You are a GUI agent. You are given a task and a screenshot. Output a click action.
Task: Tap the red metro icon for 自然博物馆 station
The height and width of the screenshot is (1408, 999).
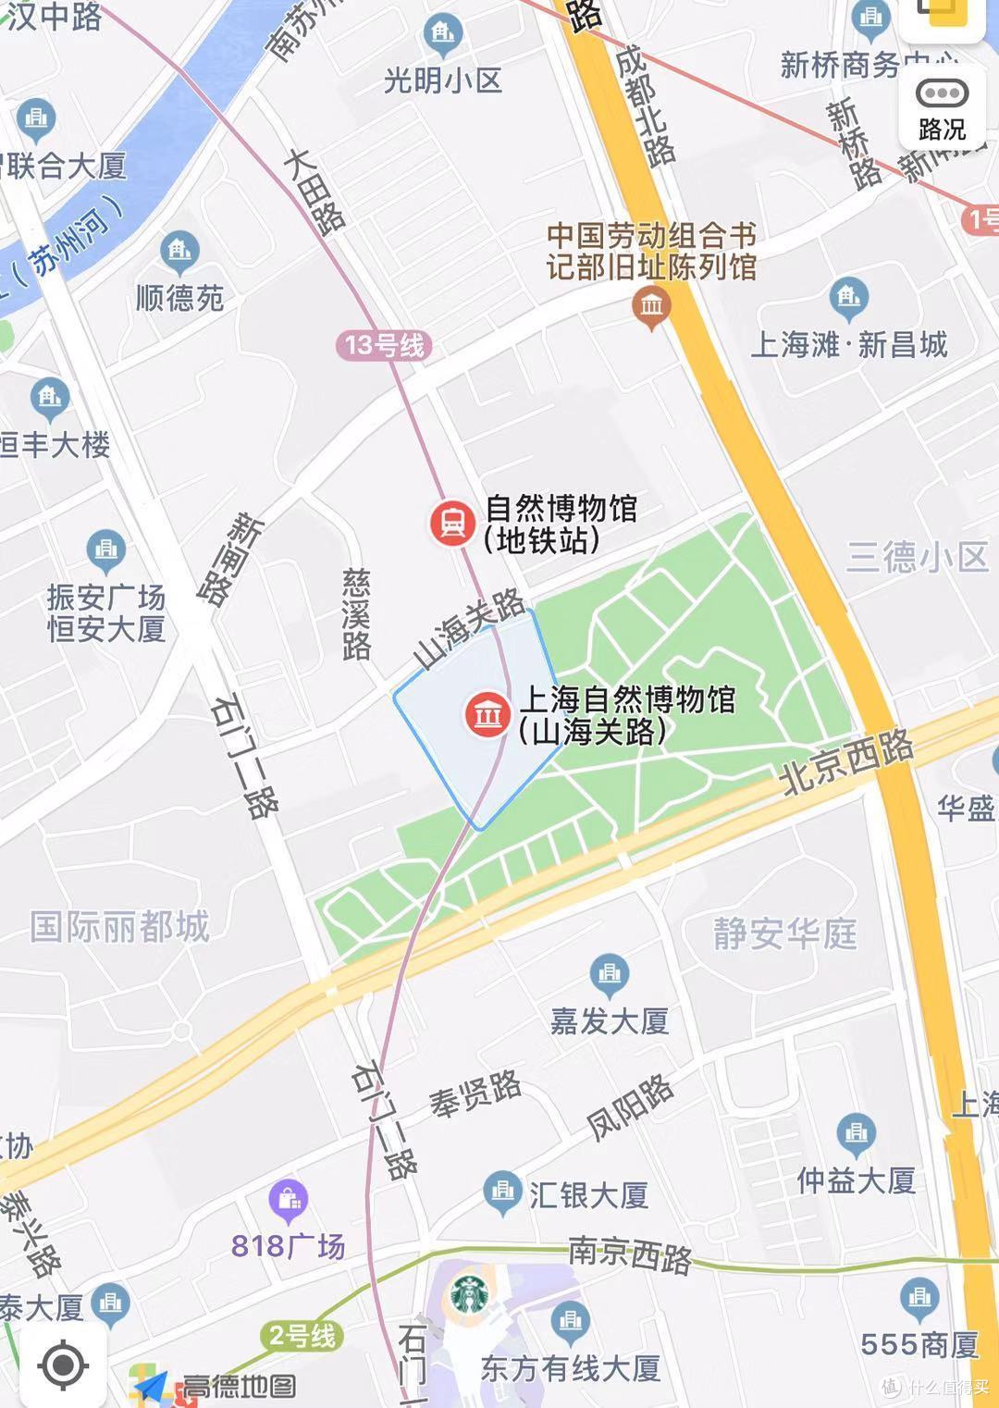451,524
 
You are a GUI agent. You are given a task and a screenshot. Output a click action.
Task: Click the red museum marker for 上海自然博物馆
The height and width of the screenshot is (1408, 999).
487,715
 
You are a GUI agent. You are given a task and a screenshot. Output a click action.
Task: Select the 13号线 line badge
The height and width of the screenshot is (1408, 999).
384,346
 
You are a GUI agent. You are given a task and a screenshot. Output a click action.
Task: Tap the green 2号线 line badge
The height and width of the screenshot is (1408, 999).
302,1336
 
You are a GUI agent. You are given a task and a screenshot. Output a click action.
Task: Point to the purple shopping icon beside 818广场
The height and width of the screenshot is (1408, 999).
289,1199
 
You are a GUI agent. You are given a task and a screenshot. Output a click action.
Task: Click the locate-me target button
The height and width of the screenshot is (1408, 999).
63,1365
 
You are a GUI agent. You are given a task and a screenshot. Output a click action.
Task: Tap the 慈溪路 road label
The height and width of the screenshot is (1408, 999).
356,614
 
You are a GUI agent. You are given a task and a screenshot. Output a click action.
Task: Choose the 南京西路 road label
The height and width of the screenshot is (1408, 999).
630,1254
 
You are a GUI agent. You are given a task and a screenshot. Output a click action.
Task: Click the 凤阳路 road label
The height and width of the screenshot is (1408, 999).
630,1107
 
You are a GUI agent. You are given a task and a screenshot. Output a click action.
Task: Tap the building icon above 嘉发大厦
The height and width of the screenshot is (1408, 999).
609,973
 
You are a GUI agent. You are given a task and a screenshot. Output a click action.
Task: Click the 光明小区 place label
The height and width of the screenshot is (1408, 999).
443,81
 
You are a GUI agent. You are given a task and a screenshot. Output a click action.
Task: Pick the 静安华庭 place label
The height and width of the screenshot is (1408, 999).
784,933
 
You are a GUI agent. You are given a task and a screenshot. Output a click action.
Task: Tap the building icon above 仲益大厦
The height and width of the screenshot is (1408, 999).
856,1133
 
